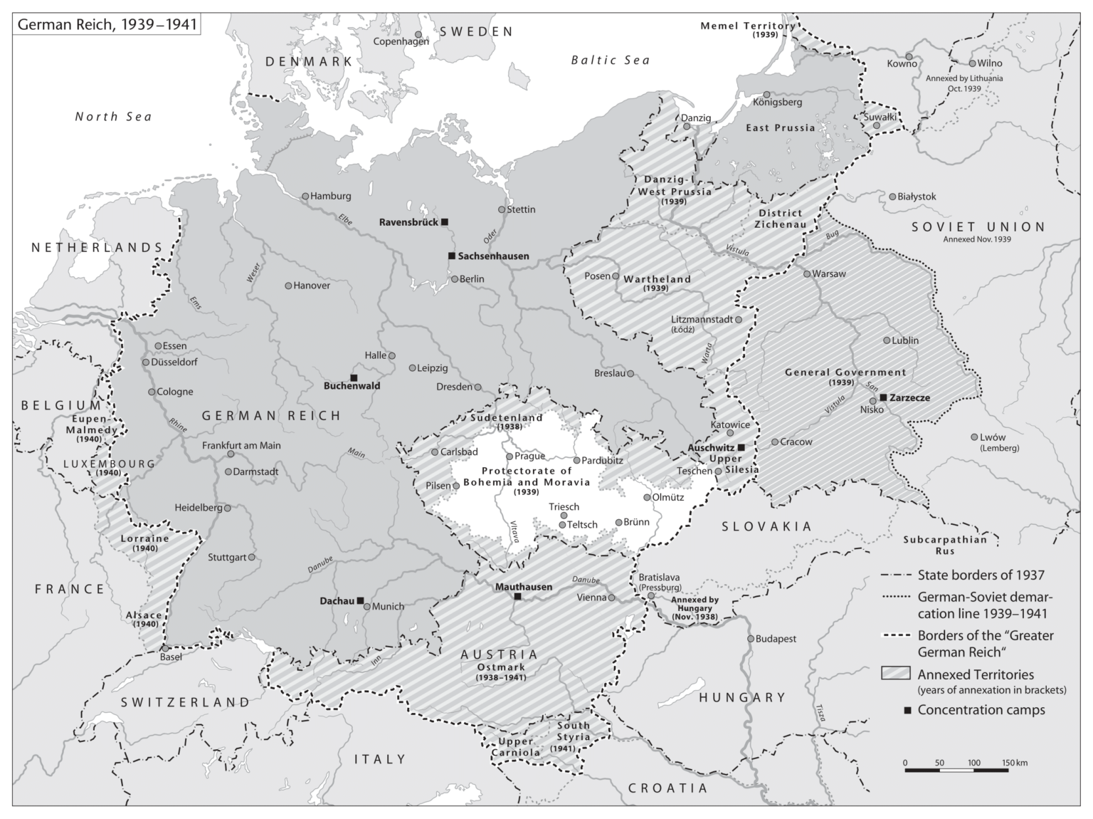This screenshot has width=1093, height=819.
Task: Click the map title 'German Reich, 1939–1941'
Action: tap(104, 24)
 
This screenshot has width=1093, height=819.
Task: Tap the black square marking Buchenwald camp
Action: tap(354, 377)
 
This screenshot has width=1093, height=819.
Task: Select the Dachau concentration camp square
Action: tap(360, 600)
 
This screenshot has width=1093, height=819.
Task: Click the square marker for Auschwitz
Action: tap(741, 447)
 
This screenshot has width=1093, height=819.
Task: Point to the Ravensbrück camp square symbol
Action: tap(445, 222)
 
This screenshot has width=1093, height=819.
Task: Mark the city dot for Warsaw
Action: tap(806, 273)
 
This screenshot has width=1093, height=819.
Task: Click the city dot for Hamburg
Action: tap(305, 196)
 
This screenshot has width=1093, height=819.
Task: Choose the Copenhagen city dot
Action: tap(418, 34)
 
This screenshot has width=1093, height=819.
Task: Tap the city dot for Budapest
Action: tap(750, 639)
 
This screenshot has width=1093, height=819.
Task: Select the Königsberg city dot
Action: tap(766, 95)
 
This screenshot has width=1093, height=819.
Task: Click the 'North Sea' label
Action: tap(114, 116)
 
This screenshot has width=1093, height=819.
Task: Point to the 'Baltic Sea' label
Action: tap(611, 61)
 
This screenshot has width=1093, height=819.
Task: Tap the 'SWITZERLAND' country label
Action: tap(185, 702)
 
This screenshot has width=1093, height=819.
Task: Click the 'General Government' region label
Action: tap(845, 372)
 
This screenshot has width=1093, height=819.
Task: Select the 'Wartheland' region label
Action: tap(657, 279)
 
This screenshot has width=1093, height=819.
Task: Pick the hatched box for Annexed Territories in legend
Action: tap(895, 674)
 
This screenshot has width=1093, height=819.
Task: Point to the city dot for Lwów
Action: tap(974, 437)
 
